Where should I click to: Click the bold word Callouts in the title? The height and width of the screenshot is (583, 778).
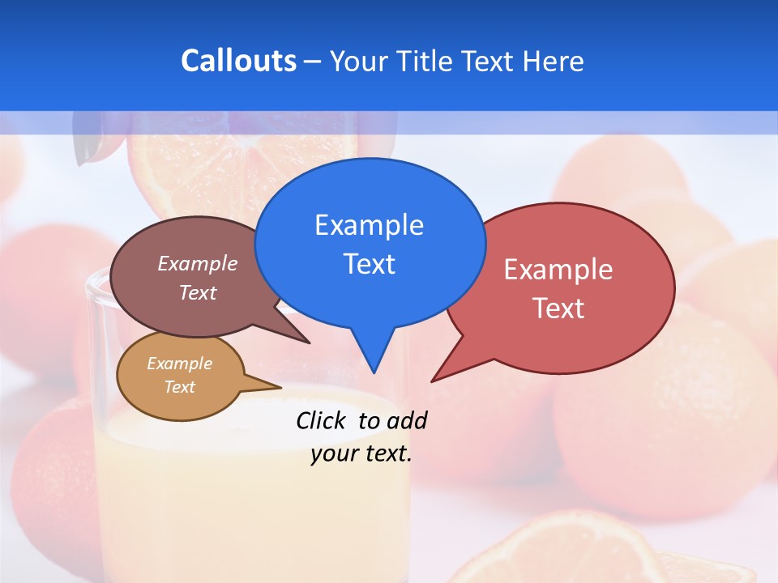pos(238,61)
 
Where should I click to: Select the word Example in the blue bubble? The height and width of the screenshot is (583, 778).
pos(369,225)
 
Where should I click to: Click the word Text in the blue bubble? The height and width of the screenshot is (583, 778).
pos(369,264)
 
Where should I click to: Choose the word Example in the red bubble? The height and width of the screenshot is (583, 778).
pos(558,270)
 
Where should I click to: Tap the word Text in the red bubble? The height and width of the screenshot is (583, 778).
pos(558,309)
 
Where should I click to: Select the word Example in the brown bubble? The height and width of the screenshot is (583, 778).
pos(198,264)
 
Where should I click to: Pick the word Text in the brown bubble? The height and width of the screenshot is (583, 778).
pos(198,292)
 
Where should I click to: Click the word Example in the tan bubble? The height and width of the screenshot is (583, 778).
pos(179,364)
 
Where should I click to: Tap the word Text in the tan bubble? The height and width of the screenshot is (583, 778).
pos(179,387)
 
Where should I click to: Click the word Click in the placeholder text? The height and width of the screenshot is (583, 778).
pos(323,420)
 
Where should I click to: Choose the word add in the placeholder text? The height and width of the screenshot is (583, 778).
pos(407,420)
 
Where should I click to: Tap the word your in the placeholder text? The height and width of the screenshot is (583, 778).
pos(331,453)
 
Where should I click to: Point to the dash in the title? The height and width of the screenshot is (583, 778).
pos(314,62)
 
